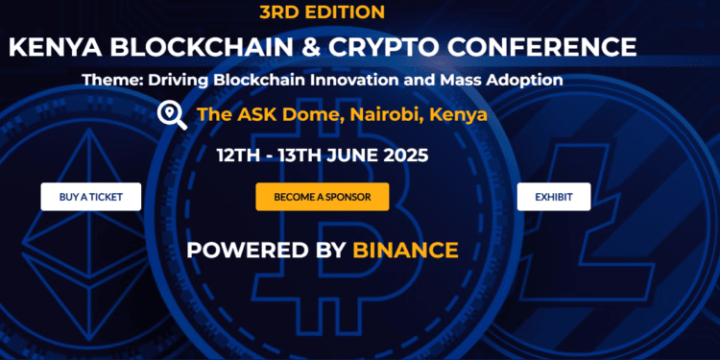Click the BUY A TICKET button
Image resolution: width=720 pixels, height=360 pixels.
90,197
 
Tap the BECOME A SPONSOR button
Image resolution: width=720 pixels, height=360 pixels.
322,197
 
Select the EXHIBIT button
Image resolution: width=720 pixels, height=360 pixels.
554,197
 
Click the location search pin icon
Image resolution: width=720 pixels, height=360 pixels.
172,115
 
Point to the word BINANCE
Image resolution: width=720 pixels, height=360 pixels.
405,250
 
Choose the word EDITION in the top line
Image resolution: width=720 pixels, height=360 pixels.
348,12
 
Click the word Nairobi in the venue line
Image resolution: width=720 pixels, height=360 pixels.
375,115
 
